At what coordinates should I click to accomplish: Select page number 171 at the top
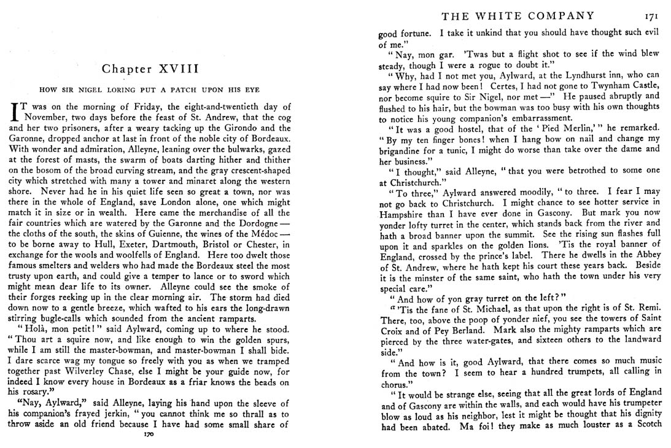click(x=651, y=17)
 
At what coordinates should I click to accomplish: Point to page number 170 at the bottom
click(x=147, y=434)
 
